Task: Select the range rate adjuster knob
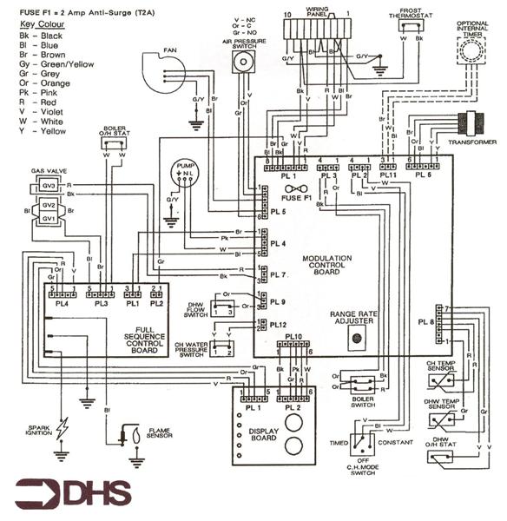[355, 340]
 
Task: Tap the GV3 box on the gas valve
[49, 187]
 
